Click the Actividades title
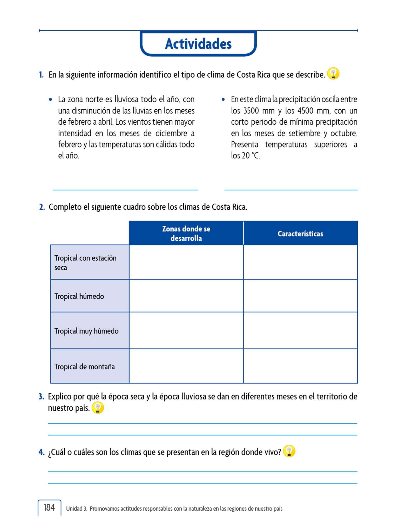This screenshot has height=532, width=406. point(198,44)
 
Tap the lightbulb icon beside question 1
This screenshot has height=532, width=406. point(333,74)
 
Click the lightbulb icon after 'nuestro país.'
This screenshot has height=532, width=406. point(98,408)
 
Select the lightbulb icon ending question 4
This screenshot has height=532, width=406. point(289,451)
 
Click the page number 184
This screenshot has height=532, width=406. point(49,507)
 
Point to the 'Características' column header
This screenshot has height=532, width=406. point(300,234)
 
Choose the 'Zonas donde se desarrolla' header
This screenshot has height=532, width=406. point(186,234)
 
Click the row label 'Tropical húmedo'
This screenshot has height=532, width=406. point(79,296)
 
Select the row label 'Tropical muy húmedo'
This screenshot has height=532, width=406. point(86,331)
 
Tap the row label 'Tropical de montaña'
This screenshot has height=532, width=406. point(84,367)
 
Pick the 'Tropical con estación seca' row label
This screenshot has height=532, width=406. point(85,263)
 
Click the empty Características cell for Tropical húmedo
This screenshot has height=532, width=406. point(300,296)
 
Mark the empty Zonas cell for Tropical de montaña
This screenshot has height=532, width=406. point(186,366)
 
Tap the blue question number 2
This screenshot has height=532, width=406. point(42,207)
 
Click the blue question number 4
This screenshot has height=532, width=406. point(42,452)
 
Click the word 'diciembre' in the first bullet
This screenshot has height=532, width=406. point(171,133)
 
